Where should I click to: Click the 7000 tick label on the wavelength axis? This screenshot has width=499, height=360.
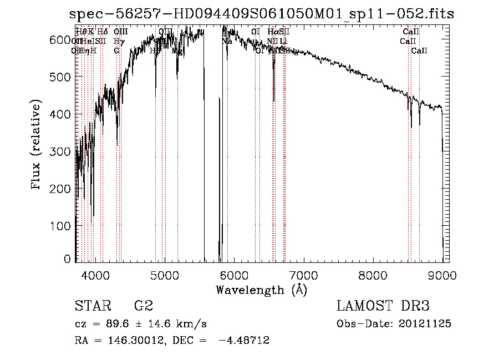click(303, 276)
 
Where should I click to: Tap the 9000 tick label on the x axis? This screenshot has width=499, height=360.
click(442, 276)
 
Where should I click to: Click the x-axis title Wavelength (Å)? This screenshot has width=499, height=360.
click(261, 290)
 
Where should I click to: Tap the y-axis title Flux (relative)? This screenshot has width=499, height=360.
click(37, 146)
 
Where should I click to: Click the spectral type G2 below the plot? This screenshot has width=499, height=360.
click(143, 306)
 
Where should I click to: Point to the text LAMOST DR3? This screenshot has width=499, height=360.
click(383, 306)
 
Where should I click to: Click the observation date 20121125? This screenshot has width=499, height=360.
click(425, 323)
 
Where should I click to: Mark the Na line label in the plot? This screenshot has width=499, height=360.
click(227, 41)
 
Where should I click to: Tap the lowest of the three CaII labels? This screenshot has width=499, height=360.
click(419, 50)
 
